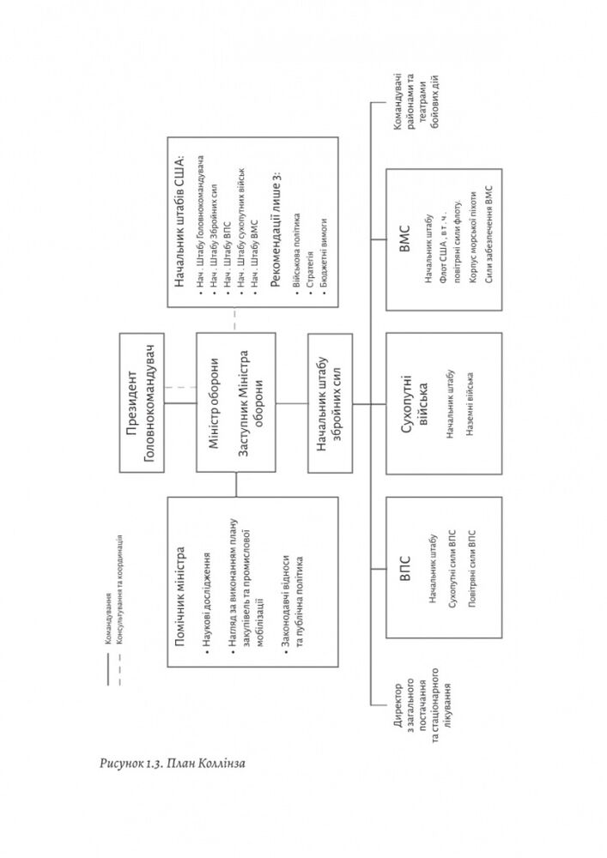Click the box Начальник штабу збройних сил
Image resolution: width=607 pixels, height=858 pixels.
point(328,403)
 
